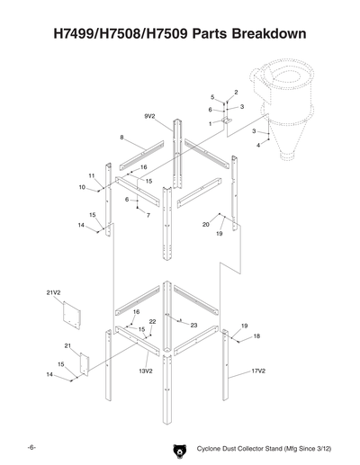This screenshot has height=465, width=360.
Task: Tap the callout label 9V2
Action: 150,117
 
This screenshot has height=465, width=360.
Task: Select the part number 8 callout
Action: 121,137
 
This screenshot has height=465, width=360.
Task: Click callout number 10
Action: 82,187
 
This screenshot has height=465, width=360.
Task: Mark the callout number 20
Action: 206,224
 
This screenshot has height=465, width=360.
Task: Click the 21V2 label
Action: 53,293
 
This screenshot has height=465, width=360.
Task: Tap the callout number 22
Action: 153,321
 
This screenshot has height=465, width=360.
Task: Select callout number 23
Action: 194,325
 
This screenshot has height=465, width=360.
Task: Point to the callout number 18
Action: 256,335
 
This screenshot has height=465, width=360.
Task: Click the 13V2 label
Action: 144,370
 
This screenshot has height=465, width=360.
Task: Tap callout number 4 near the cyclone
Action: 258,145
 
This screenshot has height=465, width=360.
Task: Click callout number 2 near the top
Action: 236,92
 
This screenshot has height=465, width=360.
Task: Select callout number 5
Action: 212,96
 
